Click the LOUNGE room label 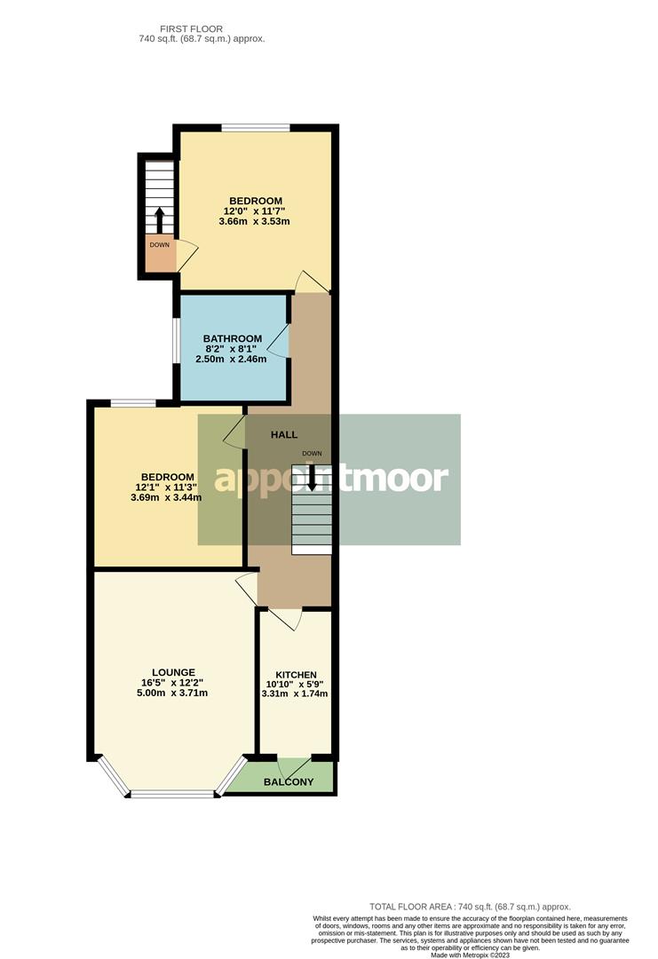tap(173, 672)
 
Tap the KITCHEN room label tap(296, 675)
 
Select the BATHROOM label tap(233, 338)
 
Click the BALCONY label tap(289, 781)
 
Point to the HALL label tap(284, 434)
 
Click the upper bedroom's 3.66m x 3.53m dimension tap(255, 221)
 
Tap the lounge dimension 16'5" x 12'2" tap(173, 683)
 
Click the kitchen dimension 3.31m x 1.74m tap(296, 693)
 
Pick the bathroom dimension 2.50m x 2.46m tap(233, 359)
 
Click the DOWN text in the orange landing tap(160, 244)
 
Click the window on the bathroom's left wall tap(176, 340)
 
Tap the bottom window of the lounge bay tap(173, 794)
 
